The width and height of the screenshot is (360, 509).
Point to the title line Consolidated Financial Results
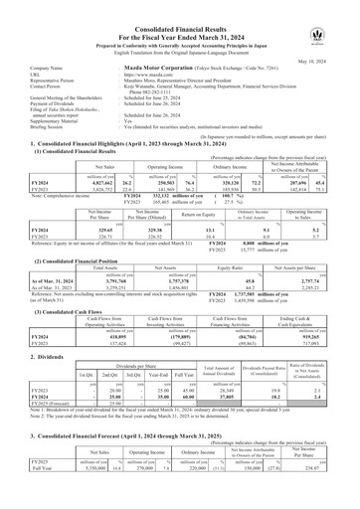pos(179,7)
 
